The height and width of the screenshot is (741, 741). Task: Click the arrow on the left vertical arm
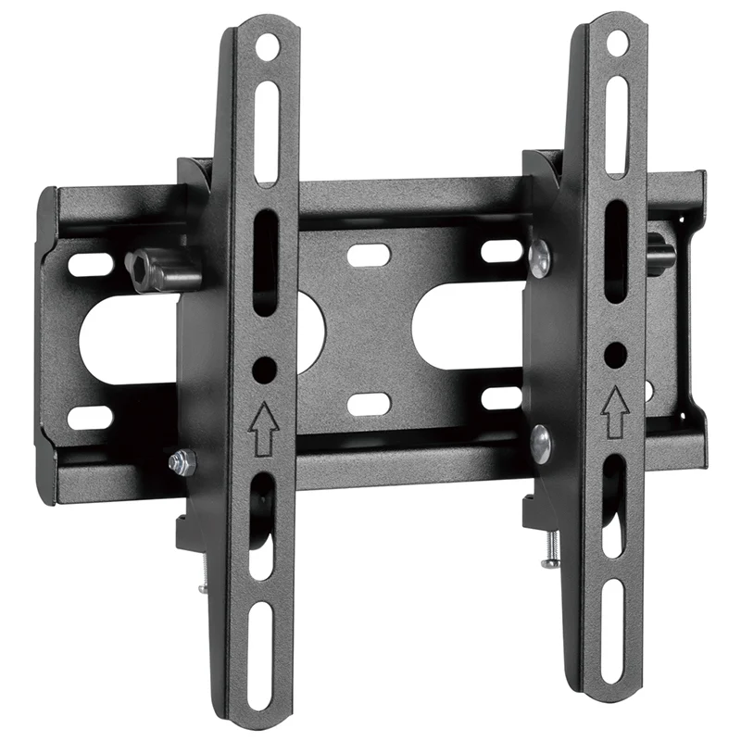263,427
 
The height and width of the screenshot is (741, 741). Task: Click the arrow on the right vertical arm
612,411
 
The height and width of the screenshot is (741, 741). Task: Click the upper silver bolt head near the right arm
540,258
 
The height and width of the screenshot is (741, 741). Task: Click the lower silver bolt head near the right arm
540,443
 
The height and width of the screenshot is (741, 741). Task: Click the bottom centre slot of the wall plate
369,403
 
